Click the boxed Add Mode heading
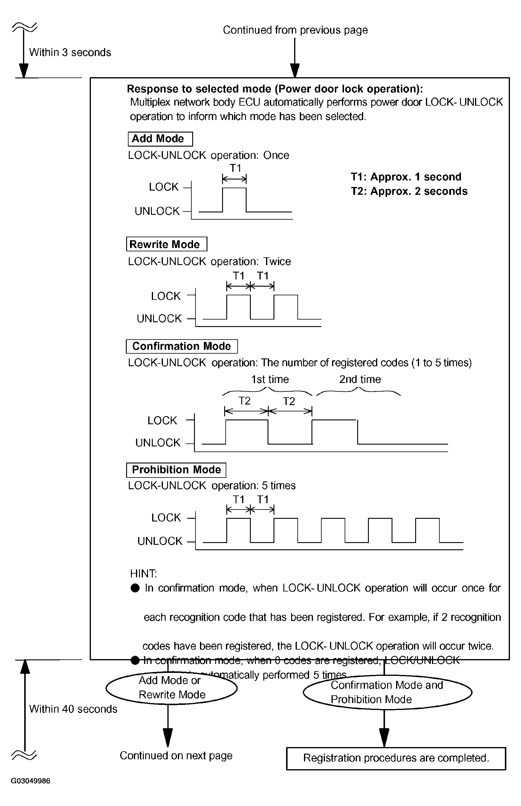click(160, 139)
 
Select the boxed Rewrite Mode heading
click(166, 244)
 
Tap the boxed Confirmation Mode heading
click(182, 346)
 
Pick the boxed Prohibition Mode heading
click(176, 469)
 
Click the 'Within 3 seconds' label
click(70, 52)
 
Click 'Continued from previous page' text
click(295, 30)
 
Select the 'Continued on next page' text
click(176, 755)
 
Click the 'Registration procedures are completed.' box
click(396, 758)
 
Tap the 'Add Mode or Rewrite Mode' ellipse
click(172, 688)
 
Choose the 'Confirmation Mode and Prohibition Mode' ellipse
click(387, 692)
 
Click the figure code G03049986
click(30, 781)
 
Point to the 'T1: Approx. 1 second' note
click(406, 177)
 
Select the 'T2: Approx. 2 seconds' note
click(409, 191)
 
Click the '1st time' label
click(270, 379)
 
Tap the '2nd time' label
click(360, 379)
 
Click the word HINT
click(143, 574)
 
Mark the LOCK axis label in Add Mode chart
click(164, 187)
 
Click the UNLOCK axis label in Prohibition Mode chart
click(160, 541)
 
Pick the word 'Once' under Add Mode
click(276, 155)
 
